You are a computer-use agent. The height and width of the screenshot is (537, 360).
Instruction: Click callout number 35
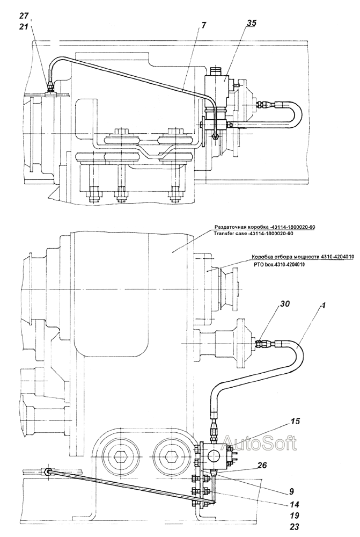(x=251, y=24)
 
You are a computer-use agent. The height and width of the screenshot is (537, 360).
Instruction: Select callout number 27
(x=24, y=16)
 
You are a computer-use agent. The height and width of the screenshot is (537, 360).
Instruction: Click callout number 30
(x=285, y=304)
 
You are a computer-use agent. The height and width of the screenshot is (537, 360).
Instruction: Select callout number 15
(x=295, y=421)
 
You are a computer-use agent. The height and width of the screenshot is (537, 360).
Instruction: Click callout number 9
(x=291, y=491)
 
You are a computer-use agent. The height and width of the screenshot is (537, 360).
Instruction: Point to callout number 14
(x=295, y=504)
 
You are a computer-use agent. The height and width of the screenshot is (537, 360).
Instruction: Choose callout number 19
(x=295, y=515)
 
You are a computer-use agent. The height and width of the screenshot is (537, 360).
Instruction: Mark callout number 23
(x=295, y=527)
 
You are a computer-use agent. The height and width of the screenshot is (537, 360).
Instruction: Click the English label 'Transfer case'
(x=230, y=234)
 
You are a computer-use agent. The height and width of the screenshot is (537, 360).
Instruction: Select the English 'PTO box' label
(x=263, y=264)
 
